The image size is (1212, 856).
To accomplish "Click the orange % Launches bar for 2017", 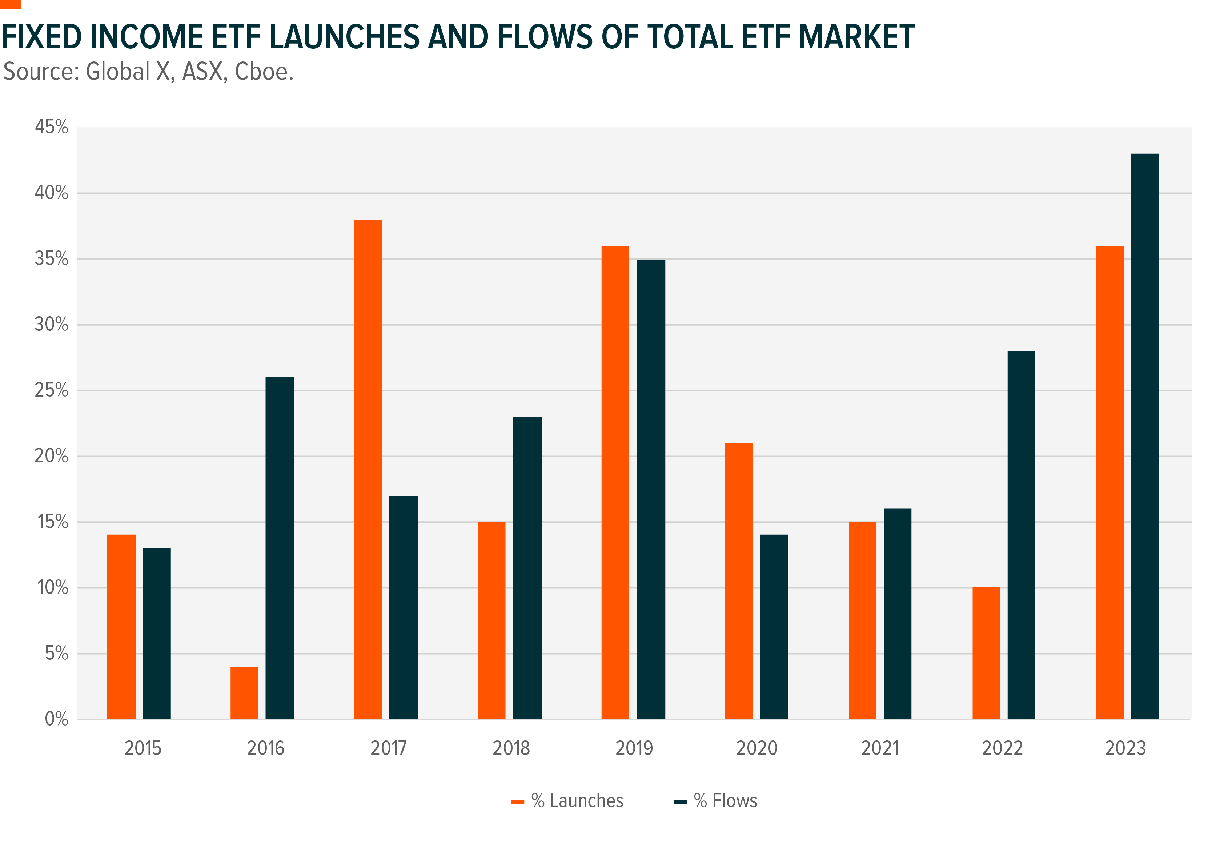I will tap(368, 469).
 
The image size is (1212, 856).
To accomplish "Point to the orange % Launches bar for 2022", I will tap(986, 653).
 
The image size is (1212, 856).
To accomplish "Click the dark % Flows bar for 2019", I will tap(650, 489).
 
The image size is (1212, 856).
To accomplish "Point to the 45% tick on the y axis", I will tap(51, 127).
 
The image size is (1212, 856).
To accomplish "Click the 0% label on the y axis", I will tap(56, 719).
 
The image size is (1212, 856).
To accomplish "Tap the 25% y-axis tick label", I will tap(51, 390).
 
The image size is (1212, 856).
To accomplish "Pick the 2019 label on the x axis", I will tap(634, 748).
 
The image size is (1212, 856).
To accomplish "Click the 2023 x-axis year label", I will tap(1125, 748).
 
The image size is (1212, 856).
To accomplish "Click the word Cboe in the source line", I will tap(264, 72).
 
